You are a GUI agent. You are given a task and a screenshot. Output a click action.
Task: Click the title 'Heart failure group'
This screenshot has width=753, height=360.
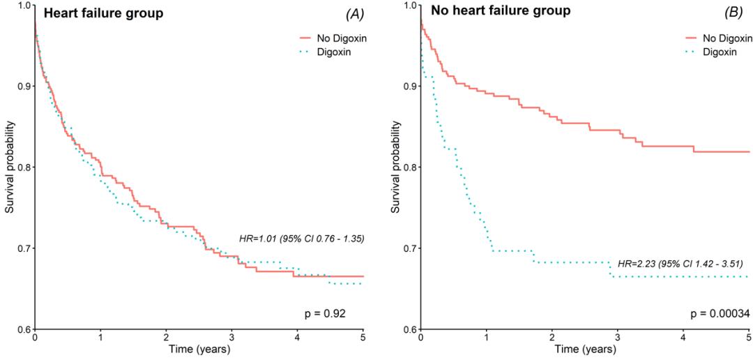[102, 13]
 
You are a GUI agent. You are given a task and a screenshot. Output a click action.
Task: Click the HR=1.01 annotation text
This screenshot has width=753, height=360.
[301, 239]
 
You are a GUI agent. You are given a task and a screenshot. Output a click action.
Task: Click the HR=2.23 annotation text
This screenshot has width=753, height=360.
[680, 264]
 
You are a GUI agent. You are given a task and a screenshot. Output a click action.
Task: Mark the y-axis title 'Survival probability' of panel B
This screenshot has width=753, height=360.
[396, 167]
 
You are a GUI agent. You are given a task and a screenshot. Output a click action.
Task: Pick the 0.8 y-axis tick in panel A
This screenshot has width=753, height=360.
[22, 167]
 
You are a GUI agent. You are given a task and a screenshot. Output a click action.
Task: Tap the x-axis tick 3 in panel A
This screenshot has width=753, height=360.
[232, 338]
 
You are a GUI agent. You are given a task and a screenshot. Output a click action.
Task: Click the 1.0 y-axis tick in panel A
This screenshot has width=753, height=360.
[22, 6]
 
